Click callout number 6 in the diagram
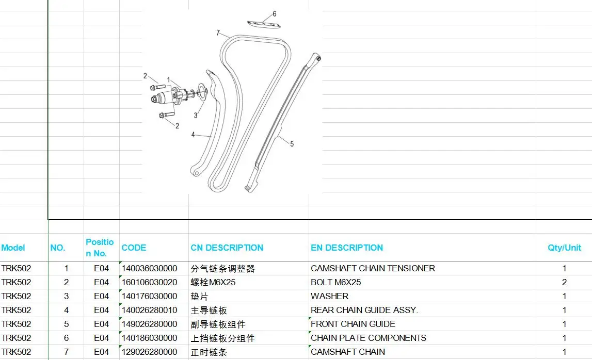275,14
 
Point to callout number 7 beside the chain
218,33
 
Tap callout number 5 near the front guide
292,144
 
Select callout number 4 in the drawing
193,135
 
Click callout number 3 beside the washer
196,116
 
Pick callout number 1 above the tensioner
168,79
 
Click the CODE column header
134,248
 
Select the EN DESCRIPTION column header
347,248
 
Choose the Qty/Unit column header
564,248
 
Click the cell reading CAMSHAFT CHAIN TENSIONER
373,268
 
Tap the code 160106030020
149,282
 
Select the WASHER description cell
329,296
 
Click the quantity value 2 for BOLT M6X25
564,282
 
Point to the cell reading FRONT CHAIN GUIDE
353,324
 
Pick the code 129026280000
149,352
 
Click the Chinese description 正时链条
209,352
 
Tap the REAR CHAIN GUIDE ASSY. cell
364,310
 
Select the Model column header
13,248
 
